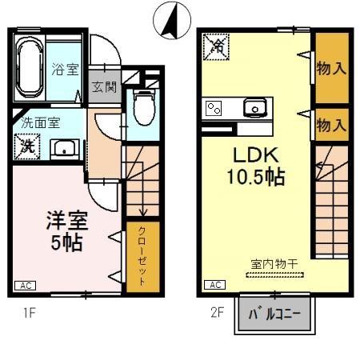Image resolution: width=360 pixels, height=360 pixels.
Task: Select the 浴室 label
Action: [x=65, y=70]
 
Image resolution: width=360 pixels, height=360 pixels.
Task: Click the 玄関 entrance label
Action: [x=103, y=86]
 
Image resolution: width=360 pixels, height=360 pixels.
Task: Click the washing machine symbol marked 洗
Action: [x=27, y=146]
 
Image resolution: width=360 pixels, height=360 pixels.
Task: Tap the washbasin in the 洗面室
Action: [x=64, y=148]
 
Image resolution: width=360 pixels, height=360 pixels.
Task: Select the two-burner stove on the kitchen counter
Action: [x=214, y=107]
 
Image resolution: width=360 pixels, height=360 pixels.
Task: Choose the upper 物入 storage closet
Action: [x=330, y=68]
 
